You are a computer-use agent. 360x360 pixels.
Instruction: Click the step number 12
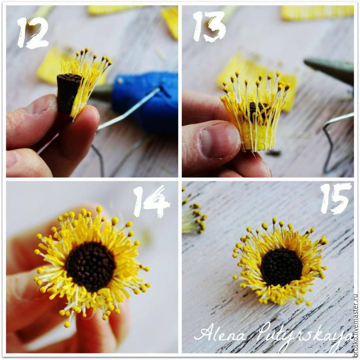(33, 32)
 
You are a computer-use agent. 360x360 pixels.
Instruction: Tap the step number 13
(209, 27)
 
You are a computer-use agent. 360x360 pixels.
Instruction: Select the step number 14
(151, 202)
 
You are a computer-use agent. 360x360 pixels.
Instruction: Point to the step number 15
(336, 199)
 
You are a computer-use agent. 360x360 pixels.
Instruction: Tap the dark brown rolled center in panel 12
(68, 93)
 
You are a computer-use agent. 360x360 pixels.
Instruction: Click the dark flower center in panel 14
(91, 267)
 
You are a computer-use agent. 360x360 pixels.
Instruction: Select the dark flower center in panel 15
(281, 269)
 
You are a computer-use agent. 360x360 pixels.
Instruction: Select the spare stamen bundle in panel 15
(194, 213)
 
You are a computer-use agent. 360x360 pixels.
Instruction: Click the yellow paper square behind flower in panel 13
(257, 78)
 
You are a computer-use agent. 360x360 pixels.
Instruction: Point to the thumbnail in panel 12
(41, 105)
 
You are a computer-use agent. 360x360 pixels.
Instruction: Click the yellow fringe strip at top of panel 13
(317, 13)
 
